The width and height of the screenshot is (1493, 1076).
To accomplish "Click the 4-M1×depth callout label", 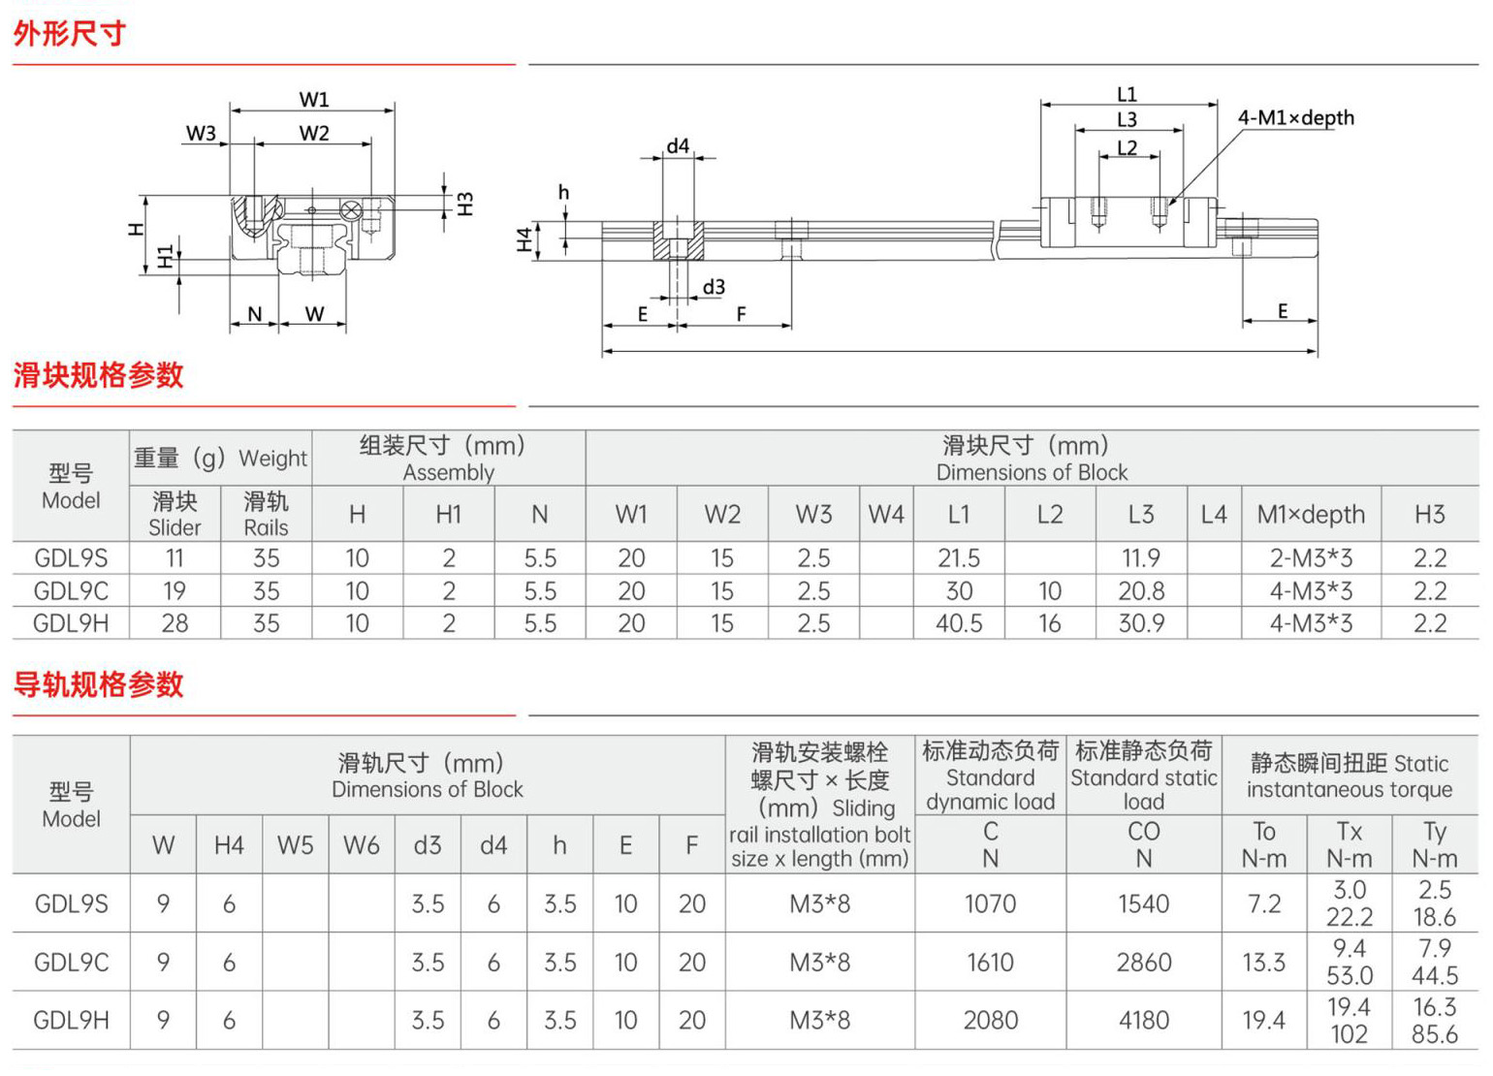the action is click(x=1295, y=118).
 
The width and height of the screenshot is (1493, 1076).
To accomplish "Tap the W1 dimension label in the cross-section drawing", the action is click(x=314, y=99).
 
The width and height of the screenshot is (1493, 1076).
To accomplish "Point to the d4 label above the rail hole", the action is click(x=678, y=145).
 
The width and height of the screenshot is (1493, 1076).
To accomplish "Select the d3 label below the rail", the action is click(x=714, y=287).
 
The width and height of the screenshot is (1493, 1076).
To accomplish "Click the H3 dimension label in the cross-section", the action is click(x=465, y=204).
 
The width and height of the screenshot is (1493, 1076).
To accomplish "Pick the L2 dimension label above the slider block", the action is click(x=1128, y=147).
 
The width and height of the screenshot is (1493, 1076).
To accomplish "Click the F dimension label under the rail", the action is click(x=741, y=314).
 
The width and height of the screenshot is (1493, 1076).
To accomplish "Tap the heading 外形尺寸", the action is click(x=70, y=33).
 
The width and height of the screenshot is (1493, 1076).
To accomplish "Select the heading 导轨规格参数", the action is click(x=98, y=684).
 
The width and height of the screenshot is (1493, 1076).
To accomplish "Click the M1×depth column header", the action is click(x=1311, y=515).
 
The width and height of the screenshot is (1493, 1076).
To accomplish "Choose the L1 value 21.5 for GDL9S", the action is click(x=959, y=557).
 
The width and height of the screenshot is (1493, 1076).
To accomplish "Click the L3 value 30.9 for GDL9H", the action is click(x=1141, y=623).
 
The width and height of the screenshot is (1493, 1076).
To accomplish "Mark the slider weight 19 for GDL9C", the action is click(x=174, y=591).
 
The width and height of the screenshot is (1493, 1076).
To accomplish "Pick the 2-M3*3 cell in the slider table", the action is click(x=1311, y=557).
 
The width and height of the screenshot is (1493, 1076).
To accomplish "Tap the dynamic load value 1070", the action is click(x=991, y=903).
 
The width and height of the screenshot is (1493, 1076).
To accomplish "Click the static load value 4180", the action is click(x=1144, y=1020).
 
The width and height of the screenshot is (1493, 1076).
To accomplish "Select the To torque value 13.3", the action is click(x=1264, y=962).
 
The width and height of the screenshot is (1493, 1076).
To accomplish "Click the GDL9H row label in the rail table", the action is click(x=72, y=1020).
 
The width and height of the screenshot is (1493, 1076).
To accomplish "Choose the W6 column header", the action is click(x=362, y=845).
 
